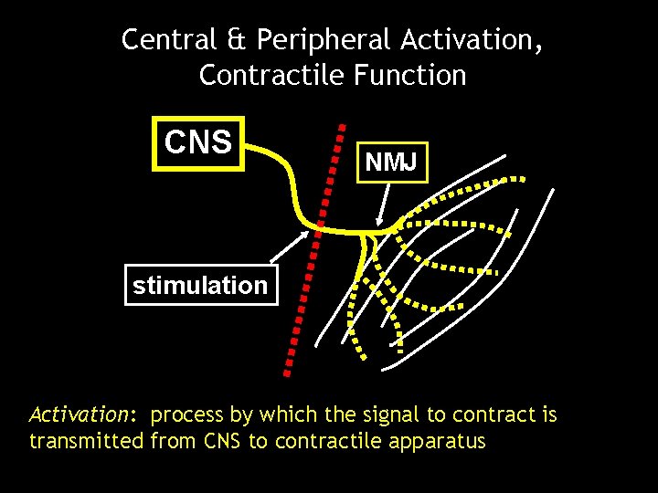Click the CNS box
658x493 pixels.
point(198,143)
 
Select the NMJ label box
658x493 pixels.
point(392,163)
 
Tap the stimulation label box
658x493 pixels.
point(200,285)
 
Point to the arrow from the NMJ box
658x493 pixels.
point(387,203)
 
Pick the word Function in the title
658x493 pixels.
point(409,75)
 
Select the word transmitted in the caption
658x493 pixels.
point(87,443)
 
